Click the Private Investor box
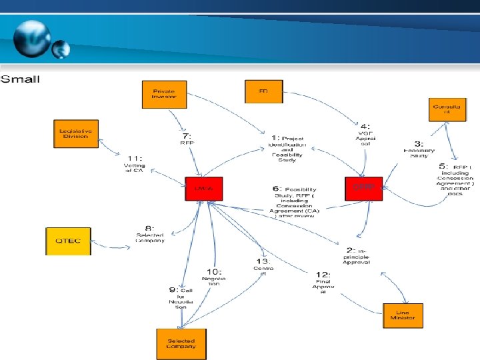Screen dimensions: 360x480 click(x=165, y=93)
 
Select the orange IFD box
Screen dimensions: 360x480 click(x=262, y=91)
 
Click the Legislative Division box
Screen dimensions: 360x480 click(x=75, y=133)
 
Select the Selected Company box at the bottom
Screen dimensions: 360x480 click(x=181, y=343)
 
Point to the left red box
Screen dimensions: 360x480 click(x=203, y=189)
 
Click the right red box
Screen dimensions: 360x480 click(x=364, y=189)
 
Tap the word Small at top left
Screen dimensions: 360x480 click(x=21, y=79)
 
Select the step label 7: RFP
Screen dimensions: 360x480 click(x=187, y=138)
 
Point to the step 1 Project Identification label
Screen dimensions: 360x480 click(x=287, y=147)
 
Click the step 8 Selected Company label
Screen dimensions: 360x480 click(x=150, y=236)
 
